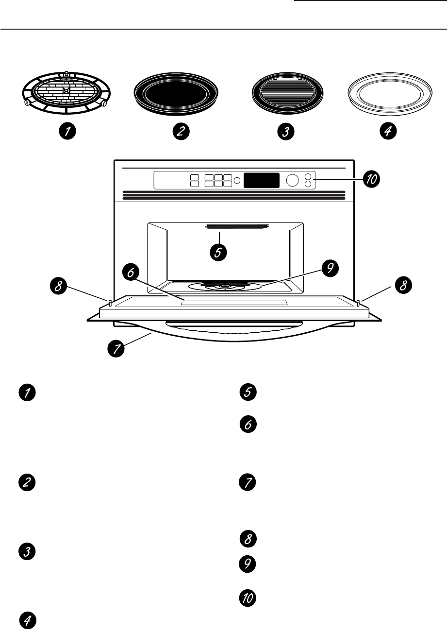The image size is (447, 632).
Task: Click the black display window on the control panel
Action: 261,181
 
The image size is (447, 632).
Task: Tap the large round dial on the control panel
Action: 292,181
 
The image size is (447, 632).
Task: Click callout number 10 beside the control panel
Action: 371,180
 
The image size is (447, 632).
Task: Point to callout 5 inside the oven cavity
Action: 219,253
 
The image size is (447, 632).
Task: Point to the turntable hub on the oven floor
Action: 224,287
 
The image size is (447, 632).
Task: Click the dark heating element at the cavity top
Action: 237,226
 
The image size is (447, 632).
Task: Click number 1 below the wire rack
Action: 67,131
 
